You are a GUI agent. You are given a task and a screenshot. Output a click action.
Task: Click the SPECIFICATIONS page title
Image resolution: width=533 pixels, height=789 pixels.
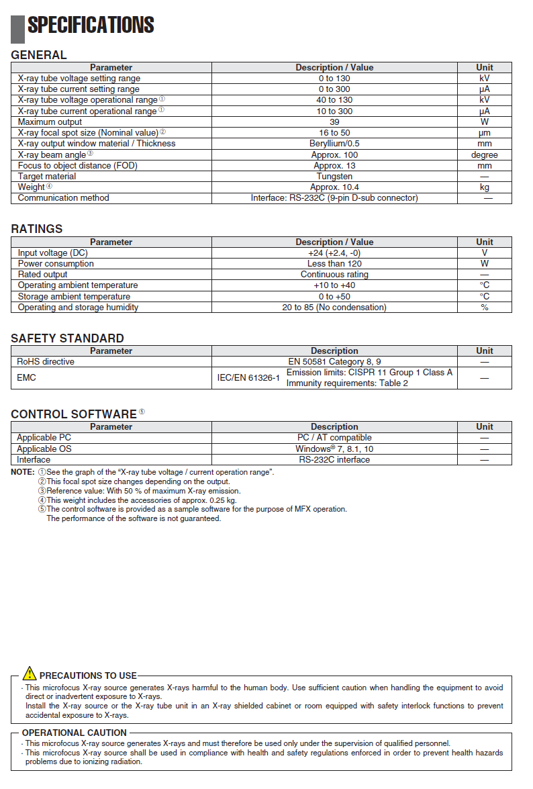click(91, 26)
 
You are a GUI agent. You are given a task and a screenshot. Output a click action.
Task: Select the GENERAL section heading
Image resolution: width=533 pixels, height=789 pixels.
click(39, 55)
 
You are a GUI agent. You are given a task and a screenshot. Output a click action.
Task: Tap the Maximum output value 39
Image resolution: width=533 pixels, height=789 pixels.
click(334, 122)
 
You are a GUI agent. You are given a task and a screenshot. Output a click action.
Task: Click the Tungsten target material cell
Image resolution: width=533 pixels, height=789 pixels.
click(334, 176)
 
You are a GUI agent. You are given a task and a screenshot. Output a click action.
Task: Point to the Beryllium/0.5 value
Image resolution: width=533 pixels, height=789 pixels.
click(334, 144)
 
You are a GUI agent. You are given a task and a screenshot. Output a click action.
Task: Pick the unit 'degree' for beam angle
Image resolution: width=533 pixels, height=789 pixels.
click(484, 154)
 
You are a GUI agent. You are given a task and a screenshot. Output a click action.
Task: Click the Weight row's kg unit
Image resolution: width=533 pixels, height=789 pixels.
click(484, 187)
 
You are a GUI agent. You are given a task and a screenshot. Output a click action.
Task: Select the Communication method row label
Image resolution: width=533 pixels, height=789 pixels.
click(63, 198)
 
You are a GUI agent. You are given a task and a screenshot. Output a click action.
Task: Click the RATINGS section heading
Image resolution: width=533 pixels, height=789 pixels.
click(36, 229)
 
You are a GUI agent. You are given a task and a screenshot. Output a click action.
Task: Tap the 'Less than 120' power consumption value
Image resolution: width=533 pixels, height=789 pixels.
click(334, 264)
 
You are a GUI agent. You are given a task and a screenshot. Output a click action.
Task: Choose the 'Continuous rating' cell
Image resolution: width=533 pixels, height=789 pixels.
click(334, 275)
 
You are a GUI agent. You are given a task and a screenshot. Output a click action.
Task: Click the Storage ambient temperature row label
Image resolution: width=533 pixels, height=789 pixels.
click(74, 296)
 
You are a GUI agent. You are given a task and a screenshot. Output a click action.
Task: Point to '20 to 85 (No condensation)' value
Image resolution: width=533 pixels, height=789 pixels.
click(334, 307)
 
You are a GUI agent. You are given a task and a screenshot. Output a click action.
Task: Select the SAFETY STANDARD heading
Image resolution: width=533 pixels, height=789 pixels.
click(67, 338)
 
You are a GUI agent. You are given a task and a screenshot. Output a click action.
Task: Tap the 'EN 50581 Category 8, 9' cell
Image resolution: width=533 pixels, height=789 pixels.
click(334, 361)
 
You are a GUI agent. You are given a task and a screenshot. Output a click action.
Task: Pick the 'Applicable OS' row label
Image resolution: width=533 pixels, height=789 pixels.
click(44, 449)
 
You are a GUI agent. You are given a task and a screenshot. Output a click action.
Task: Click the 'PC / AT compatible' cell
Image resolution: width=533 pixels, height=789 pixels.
click(334, 438)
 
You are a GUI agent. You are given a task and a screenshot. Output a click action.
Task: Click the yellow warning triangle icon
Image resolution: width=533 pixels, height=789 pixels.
click(30, 673)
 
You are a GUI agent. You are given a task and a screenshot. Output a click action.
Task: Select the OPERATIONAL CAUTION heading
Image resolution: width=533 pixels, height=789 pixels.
click(75, 733)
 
